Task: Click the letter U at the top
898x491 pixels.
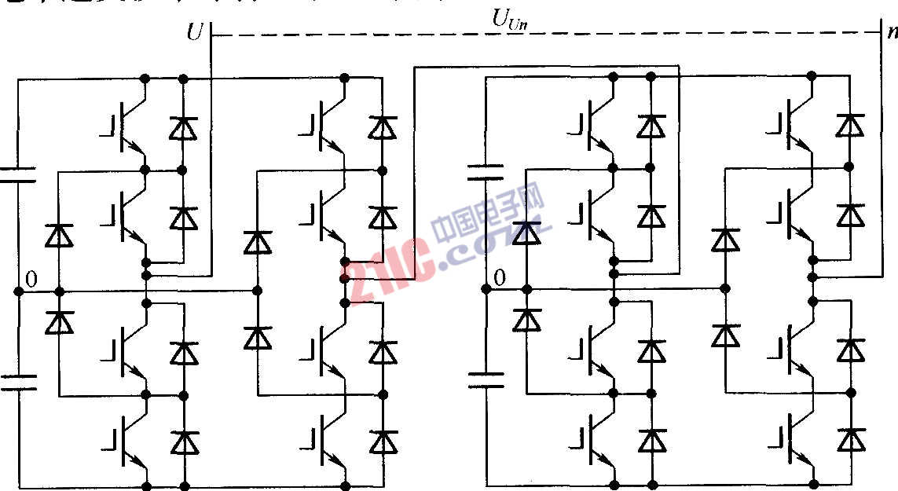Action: pyautogui.click(x=195, y=32)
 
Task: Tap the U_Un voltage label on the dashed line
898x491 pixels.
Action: pyautogui.click(x=509, y=20)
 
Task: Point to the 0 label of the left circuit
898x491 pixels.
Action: pyautogui.click(x=31, y=279)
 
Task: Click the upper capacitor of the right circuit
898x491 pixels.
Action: pyautogui.click(x=486, y=172)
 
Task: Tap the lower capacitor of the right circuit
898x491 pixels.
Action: pyautogui.click(x=486, y=380)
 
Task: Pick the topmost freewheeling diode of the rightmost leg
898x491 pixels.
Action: pyautogui.click(x=849, y=125)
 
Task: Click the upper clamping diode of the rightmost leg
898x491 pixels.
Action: pyautogui.click(x=725, y=238)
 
